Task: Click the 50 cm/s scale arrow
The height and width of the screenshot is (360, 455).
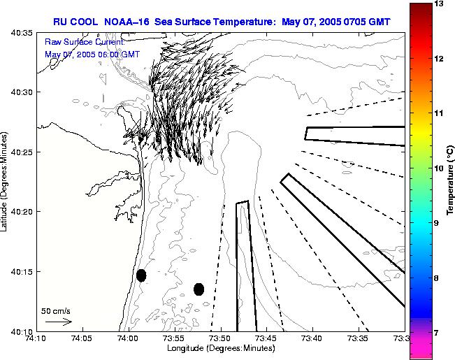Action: (58, 322)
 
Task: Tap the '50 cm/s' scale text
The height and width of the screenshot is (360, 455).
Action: (56, 310)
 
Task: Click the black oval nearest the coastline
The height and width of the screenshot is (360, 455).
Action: (141, 275)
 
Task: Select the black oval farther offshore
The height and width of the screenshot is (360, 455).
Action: (198, 289)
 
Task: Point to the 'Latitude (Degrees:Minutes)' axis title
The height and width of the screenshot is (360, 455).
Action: (6, 182)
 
